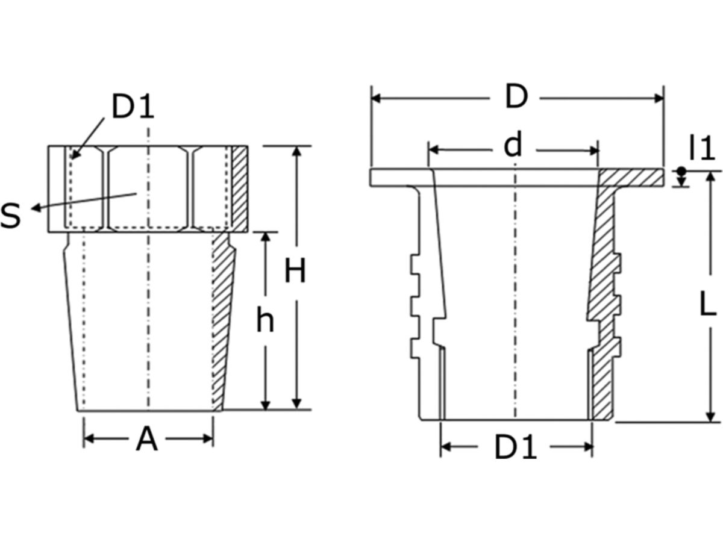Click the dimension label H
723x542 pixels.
coord(295,272)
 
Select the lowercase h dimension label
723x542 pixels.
coord(264,320)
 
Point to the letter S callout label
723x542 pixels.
coord(10,215)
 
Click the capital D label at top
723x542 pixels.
coord(516,97)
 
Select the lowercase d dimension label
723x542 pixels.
coord(512,146)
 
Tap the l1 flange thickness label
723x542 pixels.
coord(701,148)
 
